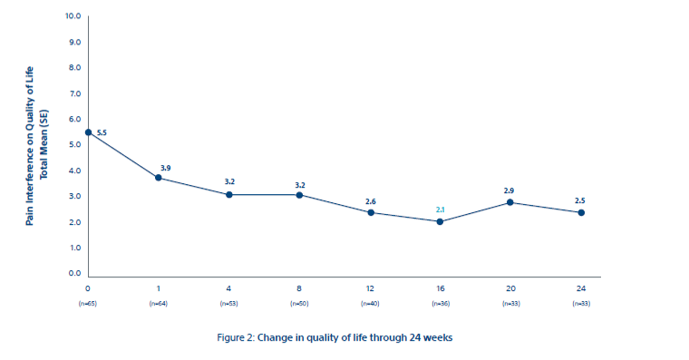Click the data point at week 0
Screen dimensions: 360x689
click(x=88, y=132)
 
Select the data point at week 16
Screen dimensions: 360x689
click(x=440, y=221)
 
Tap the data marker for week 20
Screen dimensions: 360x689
click(x=510, y=202)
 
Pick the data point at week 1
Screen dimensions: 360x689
click(x=159, y=178)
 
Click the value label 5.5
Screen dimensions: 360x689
click(x=102, y=133)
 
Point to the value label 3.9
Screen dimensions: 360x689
click(x=165, y=167)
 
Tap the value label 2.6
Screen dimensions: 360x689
click(x=370, y=201)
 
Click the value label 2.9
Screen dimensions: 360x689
click(x=509, y=190)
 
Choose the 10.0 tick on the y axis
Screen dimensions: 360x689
click(x=73, y=17)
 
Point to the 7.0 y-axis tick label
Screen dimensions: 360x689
click(x=74, y=94)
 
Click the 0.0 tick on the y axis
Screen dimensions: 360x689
click(x=74, y=273)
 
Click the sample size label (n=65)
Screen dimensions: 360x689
click(x=88, y=302)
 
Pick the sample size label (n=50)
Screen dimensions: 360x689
click(x=299, y=302)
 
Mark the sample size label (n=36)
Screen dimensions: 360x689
click(x=440, y=302)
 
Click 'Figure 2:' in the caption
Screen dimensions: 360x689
click(x=238, y=337)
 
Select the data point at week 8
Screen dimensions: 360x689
click(x=299, y=195)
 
